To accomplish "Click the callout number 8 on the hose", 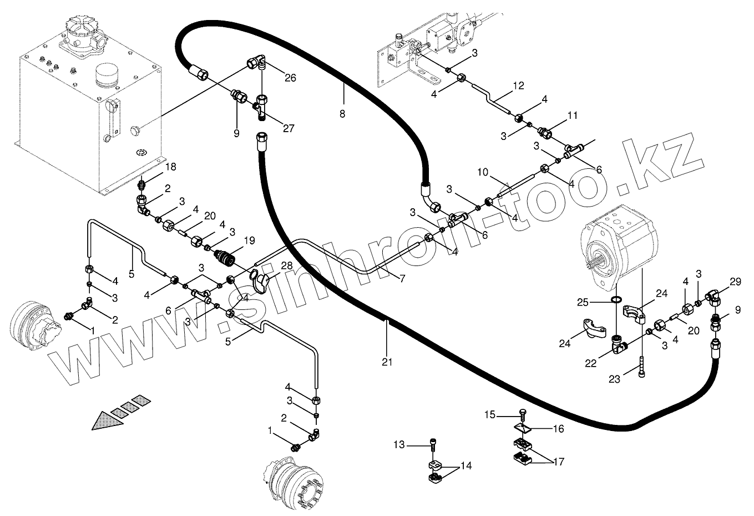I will (x=342, y=114).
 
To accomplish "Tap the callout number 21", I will (x=387, y=362).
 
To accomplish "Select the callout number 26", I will (x=291, y=78).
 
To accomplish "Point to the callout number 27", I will (x=289, y=129).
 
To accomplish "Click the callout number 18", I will (x=170, y=167).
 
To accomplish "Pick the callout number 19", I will (x=249, y=241).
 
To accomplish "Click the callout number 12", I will (x=518, y=86).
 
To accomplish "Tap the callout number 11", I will (x=572, y=116).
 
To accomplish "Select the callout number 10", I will (x=483, y=172).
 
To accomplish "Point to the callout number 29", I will (x=735, y=282).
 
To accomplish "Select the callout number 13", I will (x=400, y=444).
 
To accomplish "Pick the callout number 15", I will (x=489, y=414).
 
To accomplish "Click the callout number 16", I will (x=558, y=429).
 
